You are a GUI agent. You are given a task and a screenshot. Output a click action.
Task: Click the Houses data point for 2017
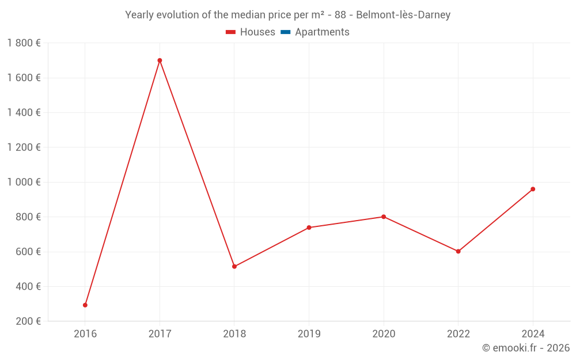click(160, 60)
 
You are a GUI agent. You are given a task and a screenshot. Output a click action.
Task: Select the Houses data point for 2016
click(85, 305)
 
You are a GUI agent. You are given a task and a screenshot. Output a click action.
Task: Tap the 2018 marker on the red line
click(234, 267)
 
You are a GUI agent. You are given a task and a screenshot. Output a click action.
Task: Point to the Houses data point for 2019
click(309, 228)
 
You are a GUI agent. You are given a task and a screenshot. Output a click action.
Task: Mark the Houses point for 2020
click(384, 217)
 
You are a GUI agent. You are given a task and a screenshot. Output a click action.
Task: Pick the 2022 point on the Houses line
click(458, 251)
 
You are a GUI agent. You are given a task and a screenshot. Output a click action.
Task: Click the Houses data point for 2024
click(533, 189)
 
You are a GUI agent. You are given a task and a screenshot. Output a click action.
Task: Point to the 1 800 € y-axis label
click(24, 43)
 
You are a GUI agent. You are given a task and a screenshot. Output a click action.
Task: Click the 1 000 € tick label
click(24, 182)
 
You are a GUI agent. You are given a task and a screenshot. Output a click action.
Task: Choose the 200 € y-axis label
click(28, 321)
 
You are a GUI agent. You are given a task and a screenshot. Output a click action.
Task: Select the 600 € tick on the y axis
click(28, 252)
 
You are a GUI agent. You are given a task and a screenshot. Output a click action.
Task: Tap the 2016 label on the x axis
click(85, 334)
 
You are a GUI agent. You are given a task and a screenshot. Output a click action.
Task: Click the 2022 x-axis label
click(458, 334)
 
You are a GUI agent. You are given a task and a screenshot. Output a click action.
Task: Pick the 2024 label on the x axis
click(533, 334)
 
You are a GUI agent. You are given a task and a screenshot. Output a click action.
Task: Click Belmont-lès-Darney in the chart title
click(403, 15)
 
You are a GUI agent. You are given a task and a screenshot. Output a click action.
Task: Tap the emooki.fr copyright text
click(526, 348)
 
